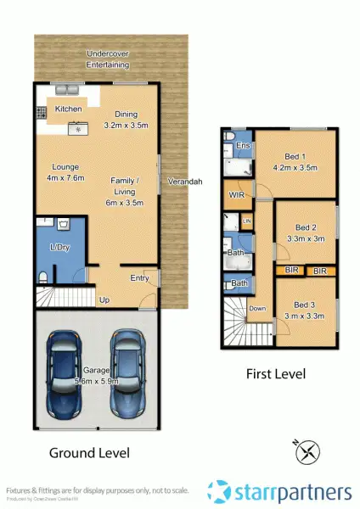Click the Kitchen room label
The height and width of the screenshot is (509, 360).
(x=68, y=109)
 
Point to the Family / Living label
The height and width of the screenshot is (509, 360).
(x=126, y=187)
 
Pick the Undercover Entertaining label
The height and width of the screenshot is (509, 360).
(x=108, y=59)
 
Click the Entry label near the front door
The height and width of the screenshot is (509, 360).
(x=139, y=277)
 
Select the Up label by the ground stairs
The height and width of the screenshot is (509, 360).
(x=105, y=299)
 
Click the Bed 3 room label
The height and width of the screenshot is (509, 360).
(x=305, y=310)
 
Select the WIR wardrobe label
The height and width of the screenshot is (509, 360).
(x=237, y=194)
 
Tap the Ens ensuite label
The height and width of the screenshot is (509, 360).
(x=244, y=147)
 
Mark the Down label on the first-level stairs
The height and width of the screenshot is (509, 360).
(x=257, y=309)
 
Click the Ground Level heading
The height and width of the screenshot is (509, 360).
(x=90, y=453)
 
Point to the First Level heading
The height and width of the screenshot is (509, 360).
(x=275, y=372)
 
